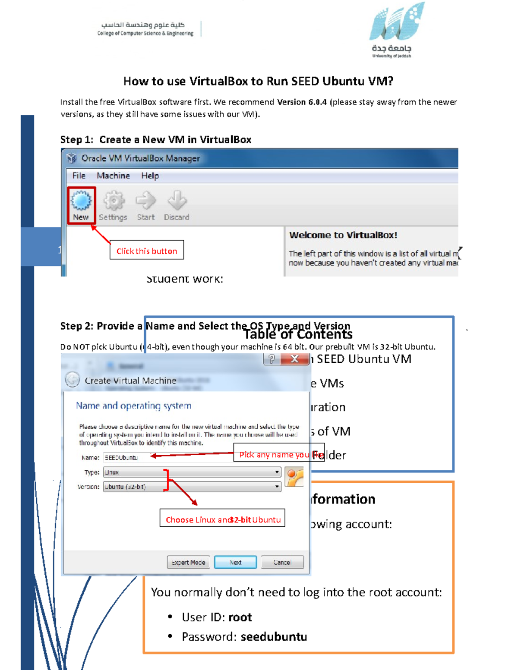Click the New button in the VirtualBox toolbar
(81, 205)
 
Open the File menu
(79, 176)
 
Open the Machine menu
(113, 176)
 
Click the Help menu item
(150, 176)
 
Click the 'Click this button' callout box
(147, 250)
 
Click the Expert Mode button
(188, 562)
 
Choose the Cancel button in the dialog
(282, 562)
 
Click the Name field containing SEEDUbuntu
(168, 458)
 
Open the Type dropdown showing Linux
(192, 472)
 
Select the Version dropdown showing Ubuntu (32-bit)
(192, 487)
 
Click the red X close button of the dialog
(294, 359)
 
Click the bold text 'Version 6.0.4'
(302, 102)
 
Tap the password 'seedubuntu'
(274, 637)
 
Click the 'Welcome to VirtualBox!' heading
(343, 235)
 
